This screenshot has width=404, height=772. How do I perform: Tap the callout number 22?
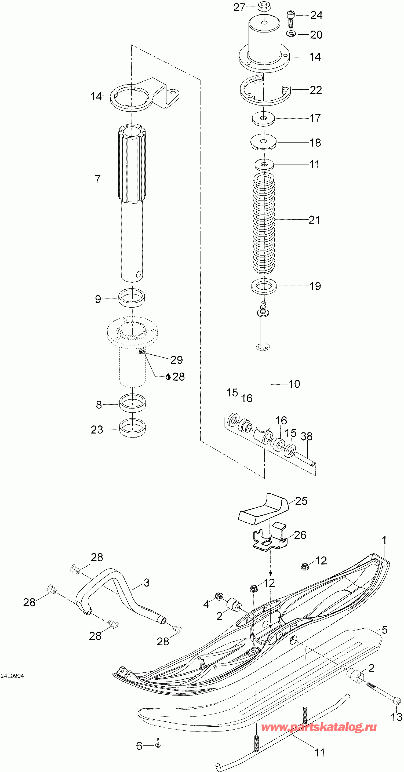[x=316, y=90]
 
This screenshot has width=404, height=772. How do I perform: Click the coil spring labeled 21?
[x=264, y=224]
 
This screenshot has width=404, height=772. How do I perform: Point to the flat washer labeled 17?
[x=263, y=119]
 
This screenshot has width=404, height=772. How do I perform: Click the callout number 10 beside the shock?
[x=294, y=384]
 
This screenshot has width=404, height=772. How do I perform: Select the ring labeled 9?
[x=132, y=298]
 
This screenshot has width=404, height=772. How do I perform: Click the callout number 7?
[x=98, y=179]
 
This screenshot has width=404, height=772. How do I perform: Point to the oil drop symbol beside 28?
[x=168, y=377]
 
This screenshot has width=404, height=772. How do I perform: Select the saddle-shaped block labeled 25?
[x=264, y=509]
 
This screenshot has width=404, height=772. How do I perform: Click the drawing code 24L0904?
[x=12, y=676]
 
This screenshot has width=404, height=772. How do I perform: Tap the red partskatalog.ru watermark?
[x=319, y=727]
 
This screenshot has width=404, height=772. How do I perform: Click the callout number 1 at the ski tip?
[x=384, y=540]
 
